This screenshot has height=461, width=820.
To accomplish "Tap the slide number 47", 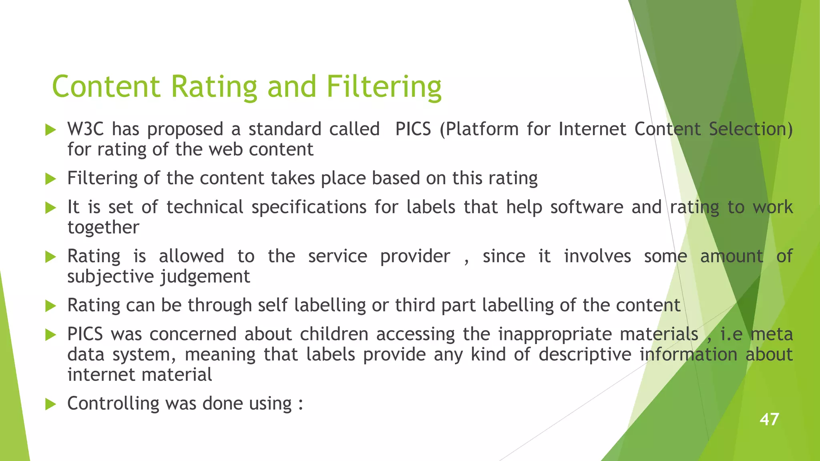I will point(769,419).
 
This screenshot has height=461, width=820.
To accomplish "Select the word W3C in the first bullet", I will point(85,129).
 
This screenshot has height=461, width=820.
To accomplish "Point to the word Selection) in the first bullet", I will point(750,129).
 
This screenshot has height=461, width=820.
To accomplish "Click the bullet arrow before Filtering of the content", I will point(50,178).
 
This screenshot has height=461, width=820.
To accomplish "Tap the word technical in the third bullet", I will point(205,207).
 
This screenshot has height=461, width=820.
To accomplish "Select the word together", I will point(103,228).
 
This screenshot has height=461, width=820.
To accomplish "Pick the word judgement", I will point(205,277).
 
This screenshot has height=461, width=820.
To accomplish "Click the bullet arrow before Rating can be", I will point(50,306).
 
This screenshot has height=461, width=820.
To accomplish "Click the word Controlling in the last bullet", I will point(113,403).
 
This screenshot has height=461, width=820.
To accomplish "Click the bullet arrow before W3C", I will point(50,130).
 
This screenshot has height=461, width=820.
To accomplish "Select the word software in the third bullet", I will point(587,207).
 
